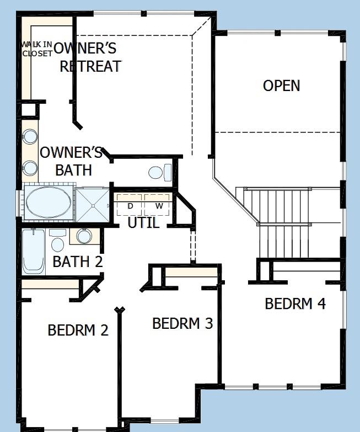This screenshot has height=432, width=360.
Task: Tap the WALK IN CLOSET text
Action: [37, 49]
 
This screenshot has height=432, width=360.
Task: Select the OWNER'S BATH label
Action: [72, 161]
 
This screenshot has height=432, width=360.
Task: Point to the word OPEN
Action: [281, 86]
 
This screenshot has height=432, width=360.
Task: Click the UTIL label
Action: [143, 223]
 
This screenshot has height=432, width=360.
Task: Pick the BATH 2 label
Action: [78, 262]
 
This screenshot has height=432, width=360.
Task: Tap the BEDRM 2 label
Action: [78, 330]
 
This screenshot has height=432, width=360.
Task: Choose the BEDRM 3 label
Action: [182, 323]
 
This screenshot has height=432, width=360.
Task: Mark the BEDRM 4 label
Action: [295, 303]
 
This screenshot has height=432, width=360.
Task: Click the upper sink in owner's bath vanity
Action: [30, 137]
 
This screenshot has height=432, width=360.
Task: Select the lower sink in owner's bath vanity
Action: [30, 167]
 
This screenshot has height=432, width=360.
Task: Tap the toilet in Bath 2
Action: [57, 241]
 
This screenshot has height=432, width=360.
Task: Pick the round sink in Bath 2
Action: [84, 236]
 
